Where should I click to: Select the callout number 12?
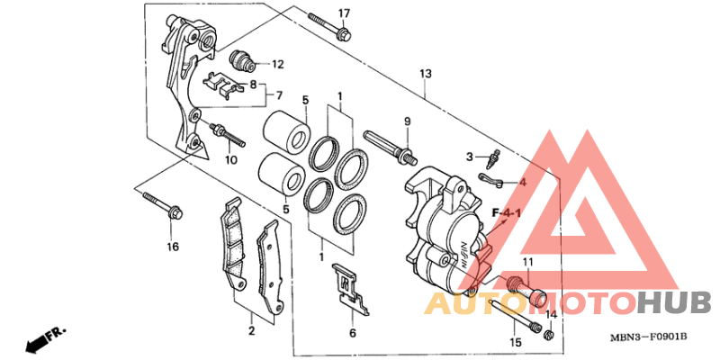tap(277, 64)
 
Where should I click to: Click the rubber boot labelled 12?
tap(242, 61)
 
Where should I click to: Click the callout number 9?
tap(407, 121)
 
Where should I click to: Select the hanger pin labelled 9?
tap(387, 143)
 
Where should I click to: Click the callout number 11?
tap(528, 263)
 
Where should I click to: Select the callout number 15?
tap(515, 342)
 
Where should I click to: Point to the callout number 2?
tap(251, 331)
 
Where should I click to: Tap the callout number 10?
tap(230, 160)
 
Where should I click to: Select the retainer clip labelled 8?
tap(223, 85)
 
